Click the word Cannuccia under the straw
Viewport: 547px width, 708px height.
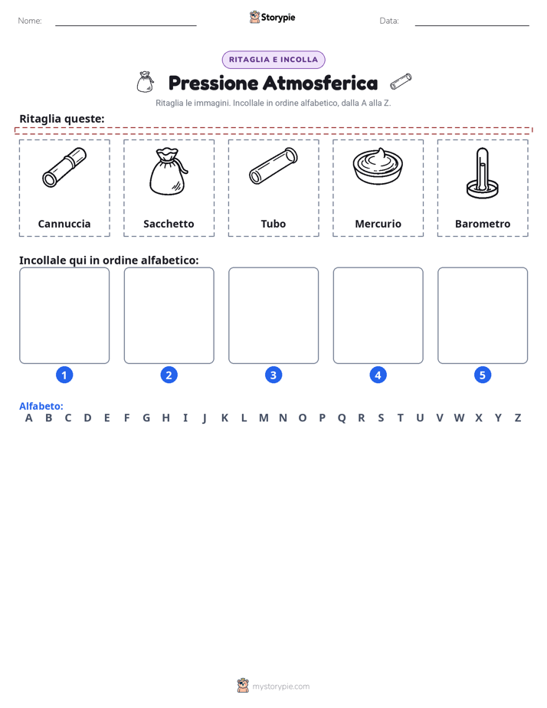(64, 224)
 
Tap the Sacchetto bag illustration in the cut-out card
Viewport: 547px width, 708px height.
(169, 172)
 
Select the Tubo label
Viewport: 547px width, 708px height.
(273, 224)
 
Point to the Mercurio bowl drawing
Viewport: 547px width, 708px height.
(378, 166)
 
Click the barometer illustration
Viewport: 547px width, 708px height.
(483, 173)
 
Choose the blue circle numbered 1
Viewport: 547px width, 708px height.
(64, 375)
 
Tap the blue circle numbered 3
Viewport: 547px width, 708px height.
(273, 375)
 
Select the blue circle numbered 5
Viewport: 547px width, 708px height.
(483, 375)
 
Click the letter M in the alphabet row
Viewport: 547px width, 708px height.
(264, 418)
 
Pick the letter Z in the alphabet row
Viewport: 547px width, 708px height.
(518, 418)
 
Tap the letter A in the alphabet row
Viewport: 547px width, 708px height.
(29, 418)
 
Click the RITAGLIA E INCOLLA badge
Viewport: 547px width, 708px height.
(273, 60)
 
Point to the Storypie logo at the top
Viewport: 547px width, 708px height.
(272, 17)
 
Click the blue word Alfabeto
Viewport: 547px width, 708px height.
(41, 406)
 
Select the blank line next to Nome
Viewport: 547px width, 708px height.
(126, 25)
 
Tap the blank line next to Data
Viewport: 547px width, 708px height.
(472, 25)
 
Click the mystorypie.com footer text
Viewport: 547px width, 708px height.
(280, 687)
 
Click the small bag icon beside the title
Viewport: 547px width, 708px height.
(145, 82)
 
